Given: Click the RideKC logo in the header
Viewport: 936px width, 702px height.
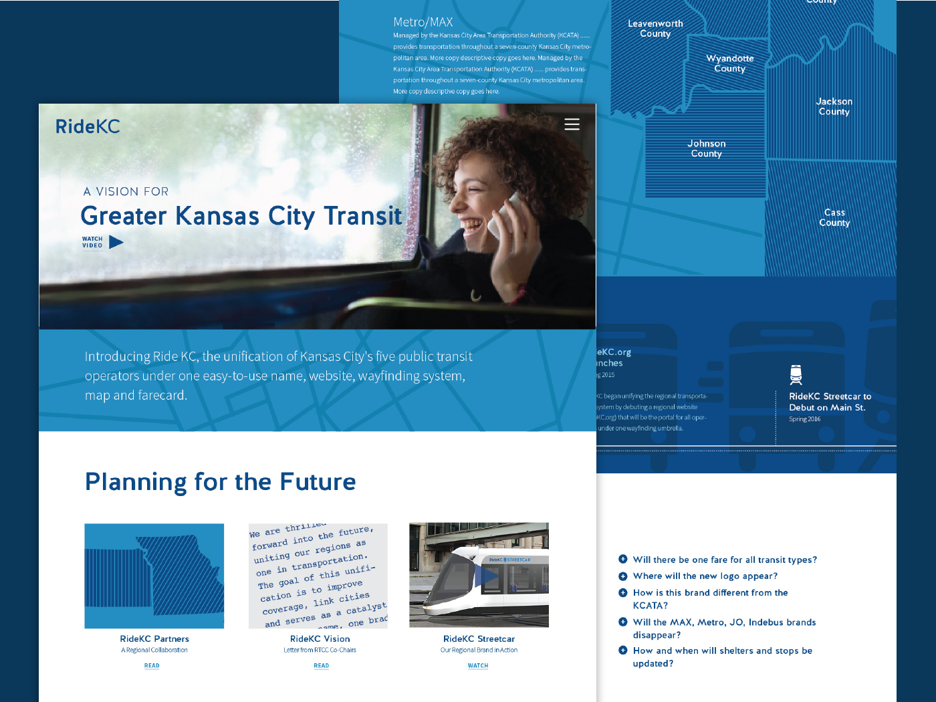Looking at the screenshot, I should [x=88, y=126].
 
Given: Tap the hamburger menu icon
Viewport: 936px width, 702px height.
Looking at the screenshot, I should [x=572, y=124].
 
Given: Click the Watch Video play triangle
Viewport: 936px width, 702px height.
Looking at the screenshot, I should [x=116, y=242].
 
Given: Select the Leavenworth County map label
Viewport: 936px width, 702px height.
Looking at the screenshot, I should [x=655, y=29].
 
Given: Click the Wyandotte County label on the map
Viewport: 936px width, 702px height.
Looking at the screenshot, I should [x=729, y=64].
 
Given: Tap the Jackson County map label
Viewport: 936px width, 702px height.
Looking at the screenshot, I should [x=834, y=107].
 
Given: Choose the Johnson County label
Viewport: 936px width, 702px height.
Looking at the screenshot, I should [x=706, y=148].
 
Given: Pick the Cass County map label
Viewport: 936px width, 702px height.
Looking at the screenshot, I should [x=834, y=217].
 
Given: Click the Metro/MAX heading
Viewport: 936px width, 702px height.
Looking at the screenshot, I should [x=423, y=22].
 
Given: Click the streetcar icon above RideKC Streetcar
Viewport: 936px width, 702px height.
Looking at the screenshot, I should [x=796, y=375].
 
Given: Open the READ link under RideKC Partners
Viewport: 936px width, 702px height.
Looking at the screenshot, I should [x=152, y=666].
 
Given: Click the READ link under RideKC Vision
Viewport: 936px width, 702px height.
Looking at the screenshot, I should [x=322, y=666].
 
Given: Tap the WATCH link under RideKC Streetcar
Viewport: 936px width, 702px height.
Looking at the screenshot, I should [x=478, y=666].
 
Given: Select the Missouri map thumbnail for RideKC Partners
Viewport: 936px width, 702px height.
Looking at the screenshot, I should [x=154, y=576].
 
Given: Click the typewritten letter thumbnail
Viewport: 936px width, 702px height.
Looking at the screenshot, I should [x=318, y=576].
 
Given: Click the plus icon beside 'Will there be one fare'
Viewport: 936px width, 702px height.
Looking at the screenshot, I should [x=623, y=559].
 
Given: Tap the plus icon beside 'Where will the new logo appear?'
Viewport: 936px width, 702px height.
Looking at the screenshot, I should [x=623, y=576].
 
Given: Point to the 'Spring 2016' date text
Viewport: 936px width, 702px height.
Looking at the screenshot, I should [x=804, y=419].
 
